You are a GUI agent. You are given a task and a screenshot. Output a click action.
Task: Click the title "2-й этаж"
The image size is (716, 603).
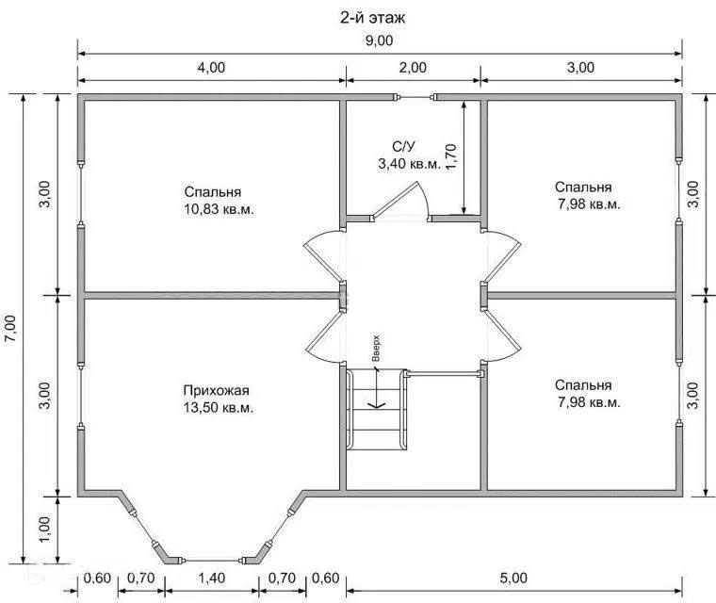point(372,17)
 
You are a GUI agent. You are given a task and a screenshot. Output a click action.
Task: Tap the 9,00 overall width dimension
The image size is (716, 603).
point(379,41)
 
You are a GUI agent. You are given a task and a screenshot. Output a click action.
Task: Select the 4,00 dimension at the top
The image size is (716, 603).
point(211,68)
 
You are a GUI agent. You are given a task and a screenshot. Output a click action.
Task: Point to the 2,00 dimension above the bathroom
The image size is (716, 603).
point(413,68)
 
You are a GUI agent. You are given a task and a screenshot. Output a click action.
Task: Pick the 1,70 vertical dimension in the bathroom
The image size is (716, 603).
point(450,157)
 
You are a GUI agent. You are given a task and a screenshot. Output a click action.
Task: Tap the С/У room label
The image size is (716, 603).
point(403,147)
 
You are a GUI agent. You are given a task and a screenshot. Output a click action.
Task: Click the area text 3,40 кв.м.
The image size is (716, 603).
point(409,164)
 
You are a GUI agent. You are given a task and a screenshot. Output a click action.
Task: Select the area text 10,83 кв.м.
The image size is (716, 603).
point(219,209)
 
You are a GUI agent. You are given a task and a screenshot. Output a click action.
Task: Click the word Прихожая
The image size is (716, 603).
point(216,391)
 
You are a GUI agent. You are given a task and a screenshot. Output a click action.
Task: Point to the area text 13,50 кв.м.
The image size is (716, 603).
point(219,407)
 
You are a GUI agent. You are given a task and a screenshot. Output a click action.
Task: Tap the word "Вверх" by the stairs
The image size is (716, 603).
point(376,348)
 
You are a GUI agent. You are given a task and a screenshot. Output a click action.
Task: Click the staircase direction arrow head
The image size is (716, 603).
point(376,404)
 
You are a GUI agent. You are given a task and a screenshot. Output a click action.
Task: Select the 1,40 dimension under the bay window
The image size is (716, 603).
point(211,578)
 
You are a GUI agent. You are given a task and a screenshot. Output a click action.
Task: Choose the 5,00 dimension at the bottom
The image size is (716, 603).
point(513,578)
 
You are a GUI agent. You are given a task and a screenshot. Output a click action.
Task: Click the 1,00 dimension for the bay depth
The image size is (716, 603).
point(46,530)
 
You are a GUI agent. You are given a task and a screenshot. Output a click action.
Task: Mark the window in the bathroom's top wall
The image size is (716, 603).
point(415,97)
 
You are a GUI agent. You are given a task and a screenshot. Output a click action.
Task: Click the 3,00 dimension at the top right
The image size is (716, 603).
point(581,68)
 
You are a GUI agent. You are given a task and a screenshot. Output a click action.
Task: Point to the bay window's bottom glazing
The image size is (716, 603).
point(213,560)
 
